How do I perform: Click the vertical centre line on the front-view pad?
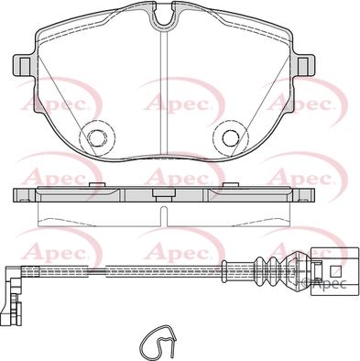162,92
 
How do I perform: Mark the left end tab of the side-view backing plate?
20,195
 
